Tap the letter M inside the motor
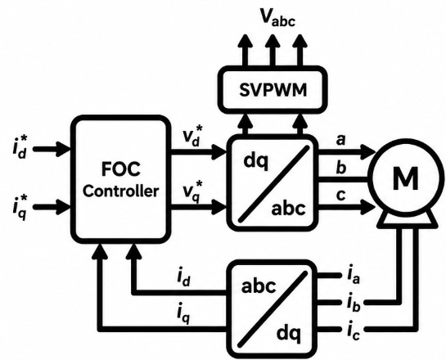point(406,178)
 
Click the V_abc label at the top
point(278,18)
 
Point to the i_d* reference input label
point(20,147)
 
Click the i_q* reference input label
point(20,206)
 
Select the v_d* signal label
point(193,136)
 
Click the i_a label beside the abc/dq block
point(354,275)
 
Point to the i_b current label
point(354,302)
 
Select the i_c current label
point(354,331)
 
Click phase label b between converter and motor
point(340,167)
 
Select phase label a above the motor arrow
point(340,141)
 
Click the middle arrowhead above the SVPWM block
point(273,41)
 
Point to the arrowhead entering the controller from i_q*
point(64,207)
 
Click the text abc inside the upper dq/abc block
point(288,209)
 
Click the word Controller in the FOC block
point(120,191)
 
